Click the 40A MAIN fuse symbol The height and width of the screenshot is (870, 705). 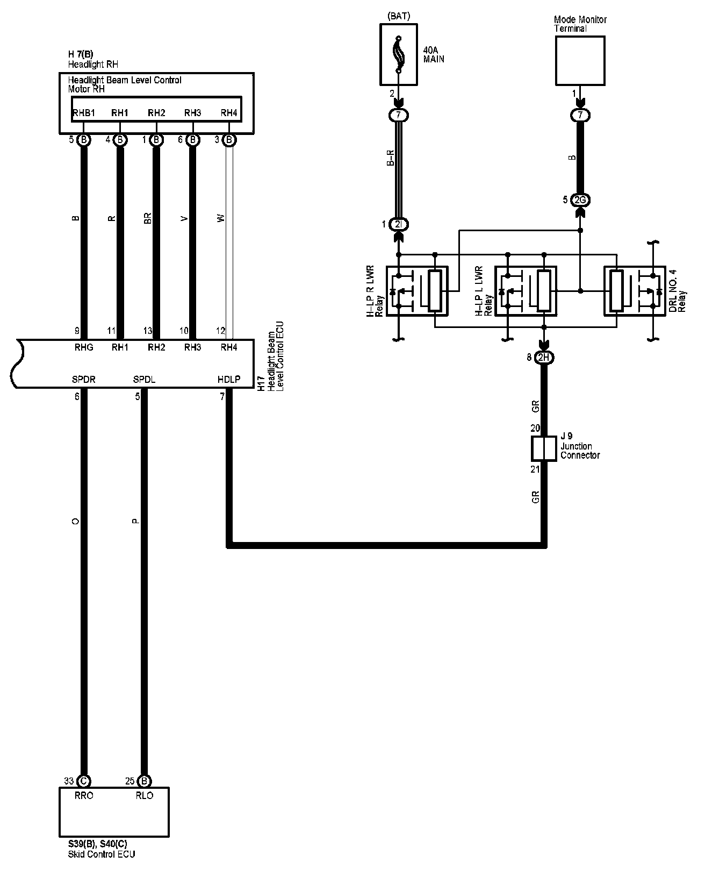click(x=398, y=55)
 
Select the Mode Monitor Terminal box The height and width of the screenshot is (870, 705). click(x=580, y=60)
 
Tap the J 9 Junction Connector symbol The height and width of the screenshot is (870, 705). click(x=544, y=448)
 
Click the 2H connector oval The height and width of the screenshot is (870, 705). click(x=544, y=358)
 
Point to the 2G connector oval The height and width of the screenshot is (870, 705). click(x=580, y=200)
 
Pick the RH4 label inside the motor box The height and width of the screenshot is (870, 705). click(x=229, y=113)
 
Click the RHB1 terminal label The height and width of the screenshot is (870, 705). click(x=84, y=113)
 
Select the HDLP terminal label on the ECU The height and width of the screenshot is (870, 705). click(x=229, y=379)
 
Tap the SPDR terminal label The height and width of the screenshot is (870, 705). click(x=84, y=379)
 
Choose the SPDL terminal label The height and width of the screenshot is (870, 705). click(x=144, y=379)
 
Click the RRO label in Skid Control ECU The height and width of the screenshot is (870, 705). click(x=84, y=795)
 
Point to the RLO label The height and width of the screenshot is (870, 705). click(x=144, y=795)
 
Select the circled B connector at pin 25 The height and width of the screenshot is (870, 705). click(x=144, y=781)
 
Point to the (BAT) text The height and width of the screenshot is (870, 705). click(x=398, y=16)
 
